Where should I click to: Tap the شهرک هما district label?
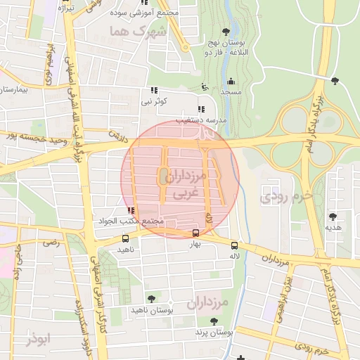point(139,32)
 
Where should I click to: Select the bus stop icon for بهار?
point(195,233)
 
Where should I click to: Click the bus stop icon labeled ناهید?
point(126,238)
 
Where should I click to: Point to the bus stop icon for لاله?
point(234,245)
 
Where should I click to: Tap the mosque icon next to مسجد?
point(231,81)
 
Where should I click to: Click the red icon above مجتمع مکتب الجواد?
point(130,210)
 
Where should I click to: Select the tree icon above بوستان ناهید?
point(151,299)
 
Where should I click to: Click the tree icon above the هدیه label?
point(332,217)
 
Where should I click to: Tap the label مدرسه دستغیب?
point(205,120)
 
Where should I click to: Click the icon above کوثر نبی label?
point(153,90)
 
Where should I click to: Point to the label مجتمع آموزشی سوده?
point(174,13)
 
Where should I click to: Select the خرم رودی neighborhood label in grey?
point(282,198)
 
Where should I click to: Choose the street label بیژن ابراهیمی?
point(293,288)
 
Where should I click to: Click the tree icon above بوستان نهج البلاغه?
point(225,31)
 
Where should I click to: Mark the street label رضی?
point(51,243)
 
